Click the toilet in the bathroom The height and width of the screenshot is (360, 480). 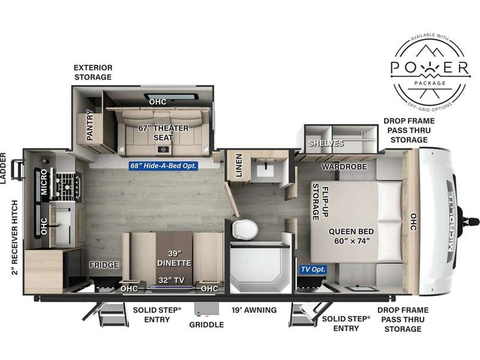pyautogui.click(x=245, y=229)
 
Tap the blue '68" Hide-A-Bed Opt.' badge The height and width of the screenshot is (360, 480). pyautogui.click(x=163, y=166)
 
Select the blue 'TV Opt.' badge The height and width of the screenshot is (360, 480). pyautogui.click(x=313, y=269)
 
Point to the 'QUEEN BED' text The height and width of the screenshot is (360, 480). pyautogui.click(x=351, y=232)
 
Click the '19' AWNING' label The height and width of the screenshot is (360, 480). pyautogui.click(x=254, y=310)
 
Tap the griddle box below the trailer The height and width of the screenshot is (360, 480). pyautogui.click(x=206, y=309)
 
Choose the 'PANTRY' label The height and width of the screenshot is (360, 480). pyautogui.click(x=89, y=125)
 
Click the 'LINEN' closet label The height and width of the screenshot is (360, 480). pyautogui.click(x=239, y=166)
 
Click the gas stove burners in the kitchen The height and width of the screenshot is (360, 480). pyautogui.click(x=68, y=186)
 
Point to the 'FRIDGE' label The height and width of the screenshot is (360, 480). pyautogui.click(x=104, y=265)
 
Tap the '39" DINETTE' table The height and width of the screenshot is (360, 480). pyautogui.click(x=174, y=258)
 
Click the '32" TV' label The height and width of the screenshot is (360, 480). pyautogui.click(x=172, y=280)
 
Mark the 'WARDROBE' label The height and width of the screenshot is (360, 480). pyautogui.click(x=344, y=167)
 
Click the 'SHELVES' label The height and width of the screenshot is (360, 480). pyautogui.click(x=326, y=143)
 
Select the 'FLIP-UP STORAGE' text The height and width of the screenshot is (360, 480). pyautogui.click(x=320, y=202)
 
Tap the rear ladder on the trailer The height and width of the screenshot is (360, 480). pyautogui.click(x=18, y=169)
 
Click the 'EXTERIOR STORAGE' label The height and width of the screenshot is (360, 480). pyautogui.click(x=93, y=72)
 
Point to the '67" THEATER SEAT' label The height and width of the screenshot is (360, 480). pyautogui.click(x=163, y=133)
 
